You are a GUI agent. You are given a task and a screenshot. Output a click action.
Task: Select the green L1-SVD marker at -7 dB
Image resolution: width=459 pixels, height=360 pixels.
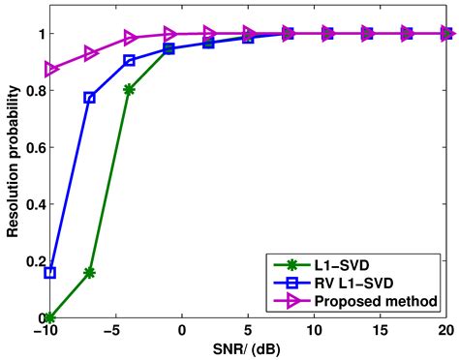[90, 273]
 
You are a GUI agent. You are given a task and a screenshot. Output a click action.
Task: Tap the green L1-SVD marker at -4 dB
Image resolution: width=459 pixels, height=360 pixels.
[130, 89]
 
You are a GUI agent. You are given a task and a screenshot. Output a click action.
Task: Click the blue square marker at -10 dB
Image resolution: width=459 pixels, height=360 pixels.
[50, 273]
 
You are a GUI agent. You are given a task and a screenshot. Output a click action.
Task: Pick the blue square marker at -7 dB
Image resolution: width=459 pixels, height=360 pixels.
[90, 98]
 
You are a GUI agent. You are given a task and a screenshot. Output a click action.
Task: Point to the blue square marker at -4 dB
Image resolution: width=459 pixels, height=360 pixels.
[130, 61]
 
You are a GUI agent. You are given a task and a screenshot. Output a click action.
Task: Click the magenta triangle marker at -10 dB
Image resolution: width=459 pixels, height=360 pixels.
[50, 70]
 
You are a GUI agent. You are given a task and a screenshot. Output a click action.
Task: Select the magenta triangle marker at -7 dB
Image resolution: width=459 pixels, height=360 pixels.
[90, 54]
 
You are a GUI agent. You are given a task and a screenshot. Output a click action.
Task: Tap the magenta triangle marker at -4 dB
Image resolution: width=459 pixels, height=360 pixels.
[130, 39]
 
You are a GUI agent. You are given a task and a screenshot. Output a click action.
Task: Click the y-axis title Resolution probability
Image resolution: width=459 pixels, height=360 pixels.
[12, 176]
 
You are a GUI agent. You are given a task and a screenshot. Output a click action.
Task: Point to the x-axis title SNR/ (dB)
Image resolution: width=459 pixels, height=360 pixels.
[248, 349]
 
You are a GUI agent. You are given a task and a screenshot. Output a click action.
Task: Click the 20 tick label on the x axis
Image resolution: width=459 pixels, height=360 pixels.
[445, 331]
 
